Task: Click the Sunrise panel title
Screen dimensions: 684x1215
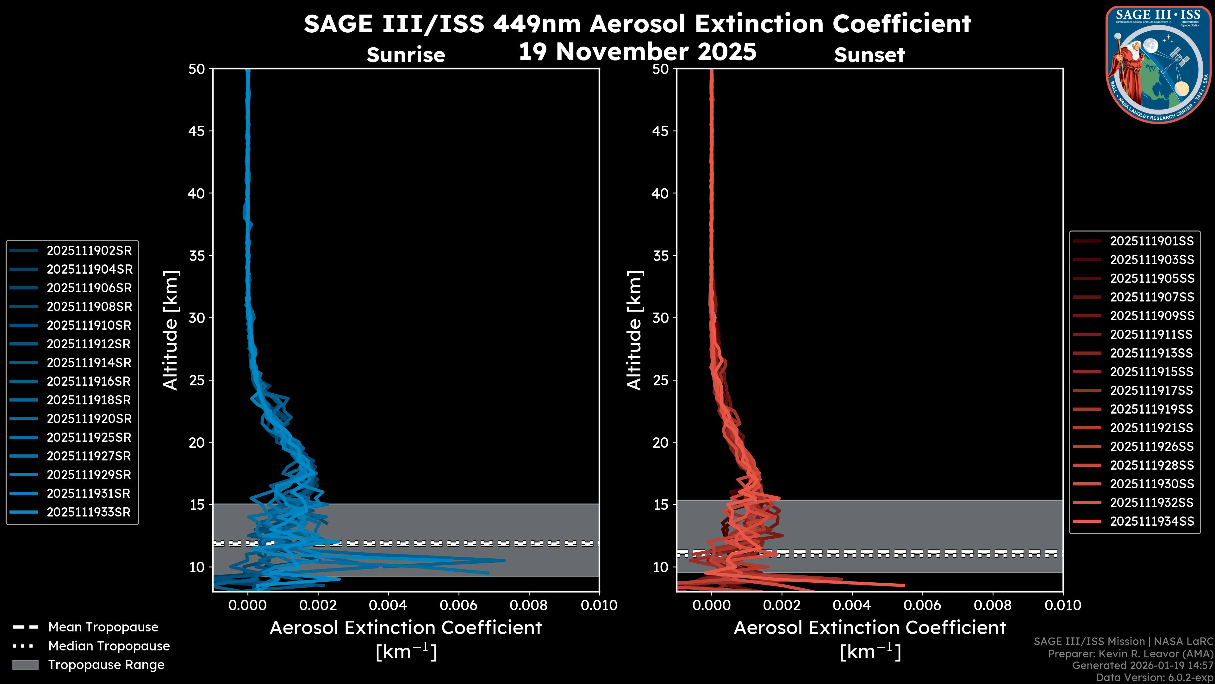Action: [406, 55]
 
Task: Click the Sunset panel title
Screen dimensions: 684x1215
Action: [869, 55]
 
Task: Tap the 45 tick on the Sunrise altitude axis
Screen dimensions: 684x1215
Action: [197, 131]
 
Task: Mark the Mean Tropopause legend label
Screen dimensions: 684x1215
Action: [103, 627]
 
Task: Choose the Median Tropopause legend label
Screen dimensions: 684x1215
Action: [109, 646]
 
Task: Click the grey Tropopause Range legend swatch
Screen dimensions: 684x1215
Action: [25, 665]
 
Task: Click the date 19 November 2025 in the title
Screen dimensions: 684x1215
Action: [637, 52]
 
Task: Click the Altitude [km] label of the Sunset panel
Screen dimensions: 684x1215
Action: [635, 330]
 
